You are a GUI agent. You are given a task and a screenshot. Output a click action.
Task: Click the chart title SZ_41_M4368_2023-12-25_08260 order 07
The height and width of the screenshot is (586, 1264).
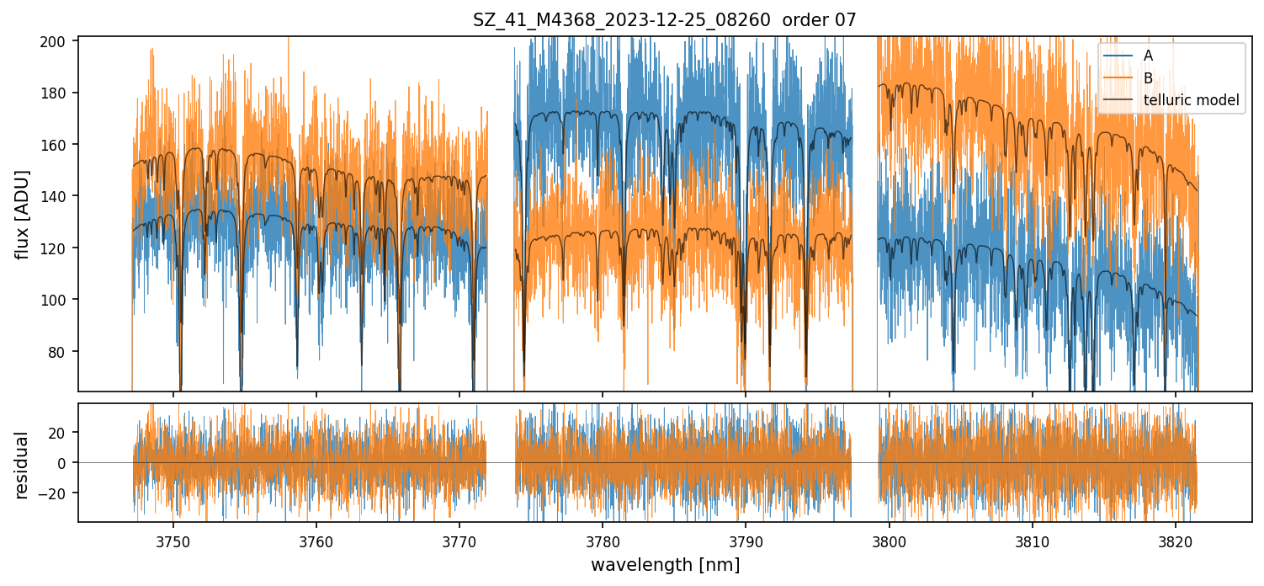(664, 20)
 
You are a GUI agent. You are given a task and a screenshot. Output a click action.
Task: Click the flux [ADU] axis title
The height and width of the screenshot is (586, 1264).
(24, 214)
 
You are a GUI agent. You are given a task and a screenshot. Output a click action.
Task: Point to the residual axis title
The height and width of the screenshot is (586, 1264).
(24, 465)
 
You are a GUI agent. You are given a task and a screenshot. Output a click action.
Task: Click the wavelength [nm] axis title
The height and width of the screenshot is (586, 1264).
(665, 565)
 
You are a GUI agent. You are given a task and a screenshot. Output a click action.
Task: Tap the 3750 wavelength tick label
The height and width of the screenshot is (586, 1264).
(173, 541)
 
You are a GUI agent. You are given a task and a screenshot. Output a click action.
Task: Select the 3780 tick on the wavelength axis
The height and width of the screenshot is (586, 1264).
(603, 541)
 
